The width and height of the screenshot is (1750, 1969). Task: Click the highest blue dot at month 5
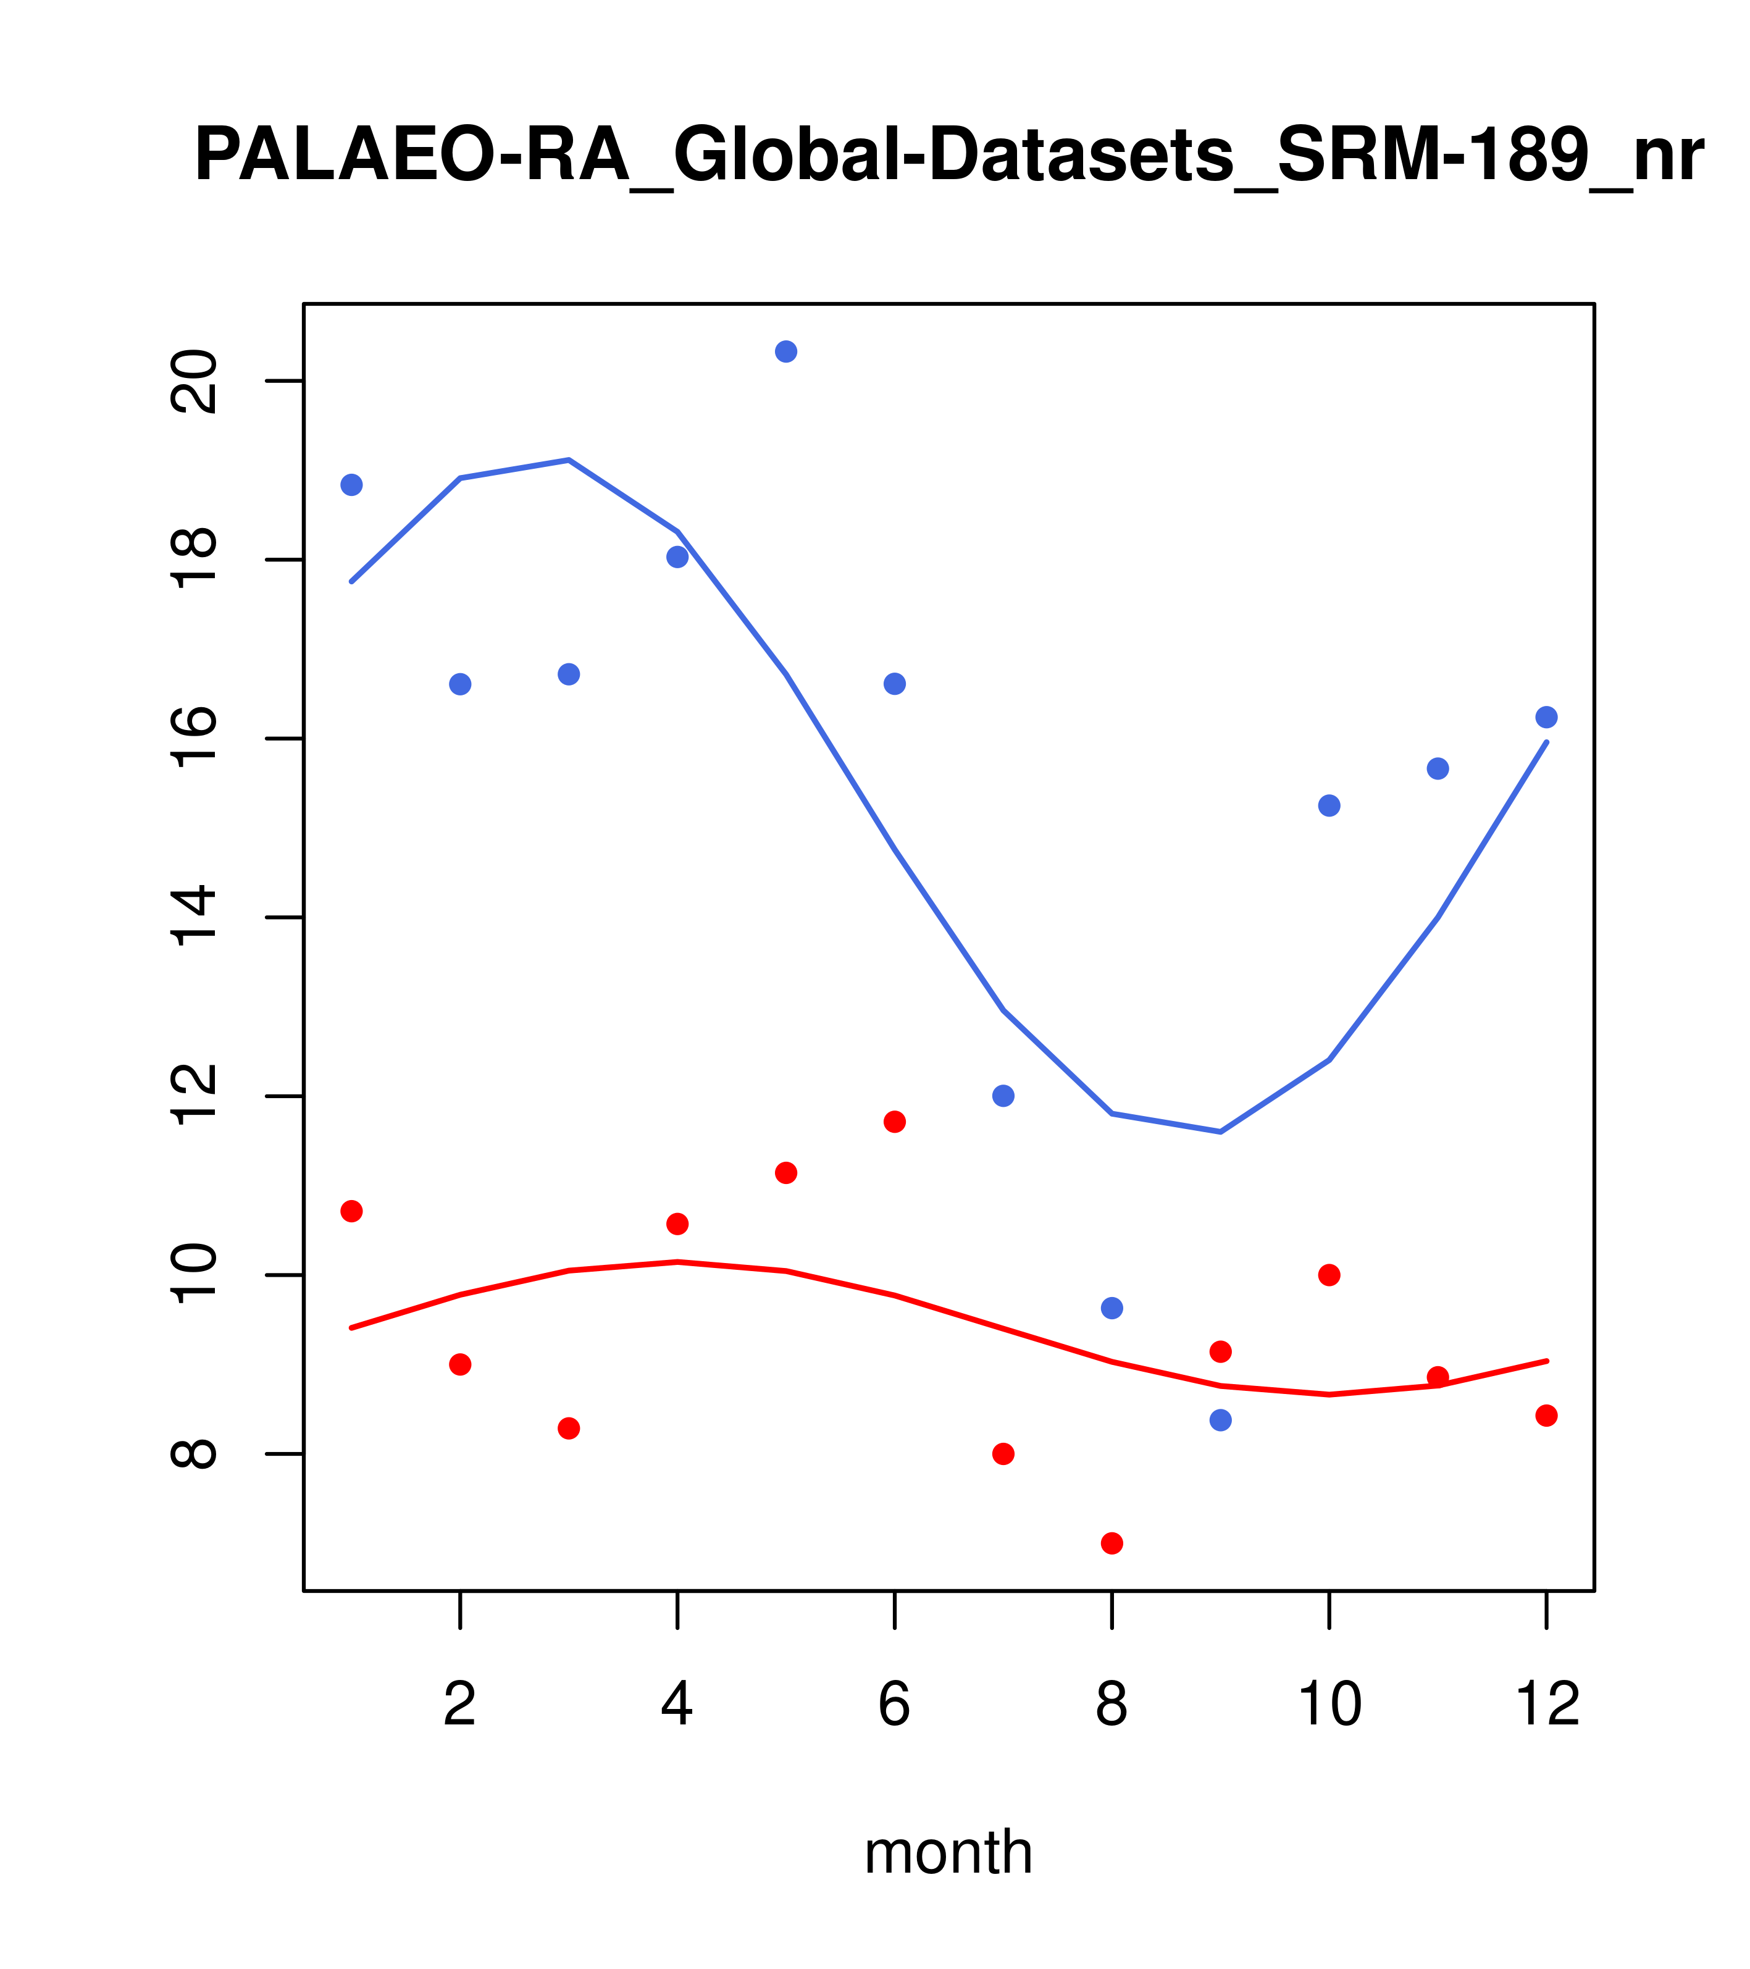click(x=786, y=351)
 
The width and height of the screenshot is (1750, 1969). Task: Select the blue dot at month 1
click(x=351, y=485)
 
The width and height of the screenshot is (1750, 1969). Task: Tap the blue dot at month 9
click(x=1220, y=1420)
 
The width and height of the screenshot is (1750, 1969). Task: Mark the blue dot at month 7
click(x=1003, y=1096)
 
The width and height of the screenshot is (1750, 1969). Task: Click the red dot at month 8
click(x=1112, y=1543)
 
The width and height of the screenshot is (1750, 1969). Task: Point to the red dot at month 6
click(x=895, y=1122)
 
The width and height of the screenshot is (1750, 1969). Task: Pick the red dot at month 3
click(x=569, y=1427)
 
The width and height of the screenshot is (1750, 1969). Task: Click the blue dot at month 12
click(x=1547, y=718)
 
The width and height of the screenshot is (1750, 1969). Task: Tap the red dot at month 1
click(x=351, y=1211)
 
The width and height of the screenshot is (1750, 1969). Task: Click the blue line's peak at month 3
click(x=569, y=461)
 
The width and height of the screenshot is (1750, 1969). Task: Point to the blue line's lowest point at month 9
click(x=1220, y=1132)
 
